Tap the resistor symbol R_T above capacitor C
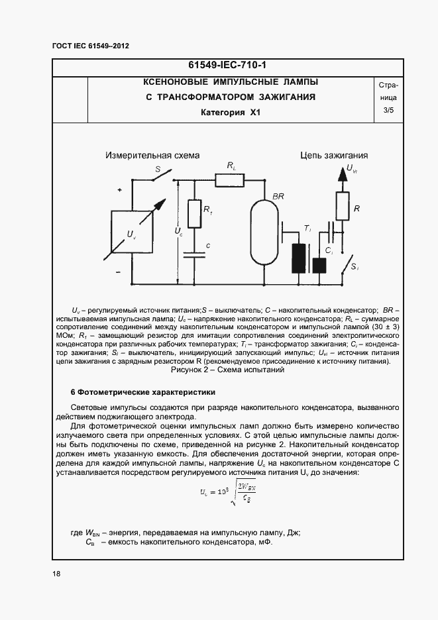coord(195,214)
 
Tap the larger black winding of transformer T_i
coord(298,258)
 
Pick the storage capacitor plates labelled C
coord(195,254)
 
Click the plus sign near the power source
coord(120,190)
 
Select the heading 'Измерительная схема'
coord(152,156)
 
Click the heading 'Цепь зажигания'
coord(333,156)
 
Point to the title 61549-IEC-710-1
coord(223,66)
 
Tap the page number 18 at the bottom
coord(56,574)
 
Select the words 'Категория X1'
coord(230,113)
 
